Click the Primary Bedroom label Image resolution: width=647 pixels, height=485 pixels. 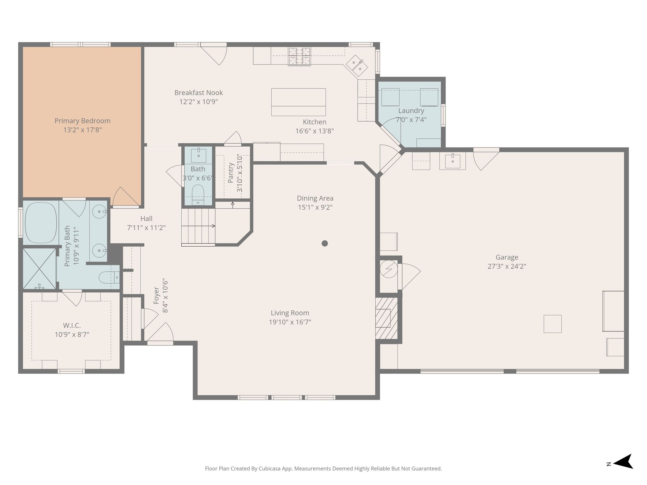pos(82,121)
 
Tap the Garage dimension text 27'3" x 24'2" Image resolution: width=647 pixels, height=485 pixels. pos(507,266)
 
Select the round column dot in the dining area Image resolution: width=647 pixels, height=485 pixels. pos(325,243)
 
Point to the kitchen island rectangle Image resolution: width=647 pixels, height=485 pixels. pos(299,102)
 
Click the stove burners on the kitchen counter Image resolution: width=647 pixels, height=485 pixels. pos(299,57)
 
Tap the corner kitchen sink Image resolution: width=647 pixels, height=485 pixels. pos(357,65)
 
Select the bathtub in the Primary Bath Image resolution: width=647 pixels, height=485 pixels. pos(41,223)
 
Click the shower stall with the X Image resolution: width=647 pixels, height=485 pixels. pos(39,269)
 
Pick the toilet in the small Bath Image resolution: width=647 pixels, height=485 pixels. pos(198,195)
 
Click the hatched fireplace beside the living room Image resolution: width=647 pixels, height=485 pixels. pos(386,318)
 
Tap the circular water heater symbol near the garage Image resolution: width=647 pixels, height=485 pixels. pos(389,269)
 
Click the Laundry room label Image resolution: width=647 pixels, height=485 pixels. pos(411,111)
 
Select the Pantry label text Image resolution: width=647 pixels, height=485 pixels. pos(231,173)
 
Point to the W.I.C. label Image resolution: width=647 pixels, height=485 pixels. pos(72,326)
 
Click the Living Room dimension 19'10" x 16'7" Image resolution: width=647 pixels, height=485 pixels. pos(290,322)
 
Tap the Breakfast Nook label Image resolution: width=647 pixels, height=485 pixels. pos(199,93)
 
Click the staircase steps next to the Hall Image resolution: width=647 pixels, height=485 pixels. pos(198,226)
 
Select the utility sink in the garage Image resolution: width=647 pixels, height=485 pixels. pos(453,161)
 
